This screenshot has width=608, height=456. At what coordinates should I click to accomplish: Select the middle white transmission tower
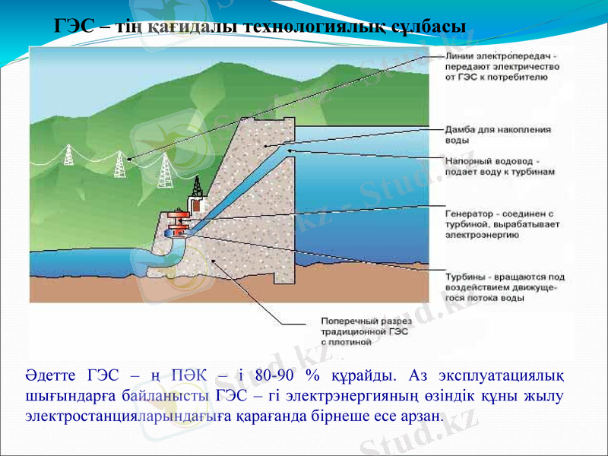[119, 163]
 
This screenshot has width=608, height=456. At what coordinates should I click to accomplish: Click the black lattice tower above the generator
[198, 185]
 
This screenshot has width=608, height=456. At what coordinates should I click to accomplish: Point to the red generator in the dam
[180, 223]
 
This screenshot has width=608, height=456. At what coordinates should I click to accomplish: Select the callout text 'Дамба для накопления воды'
[498, 135]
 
